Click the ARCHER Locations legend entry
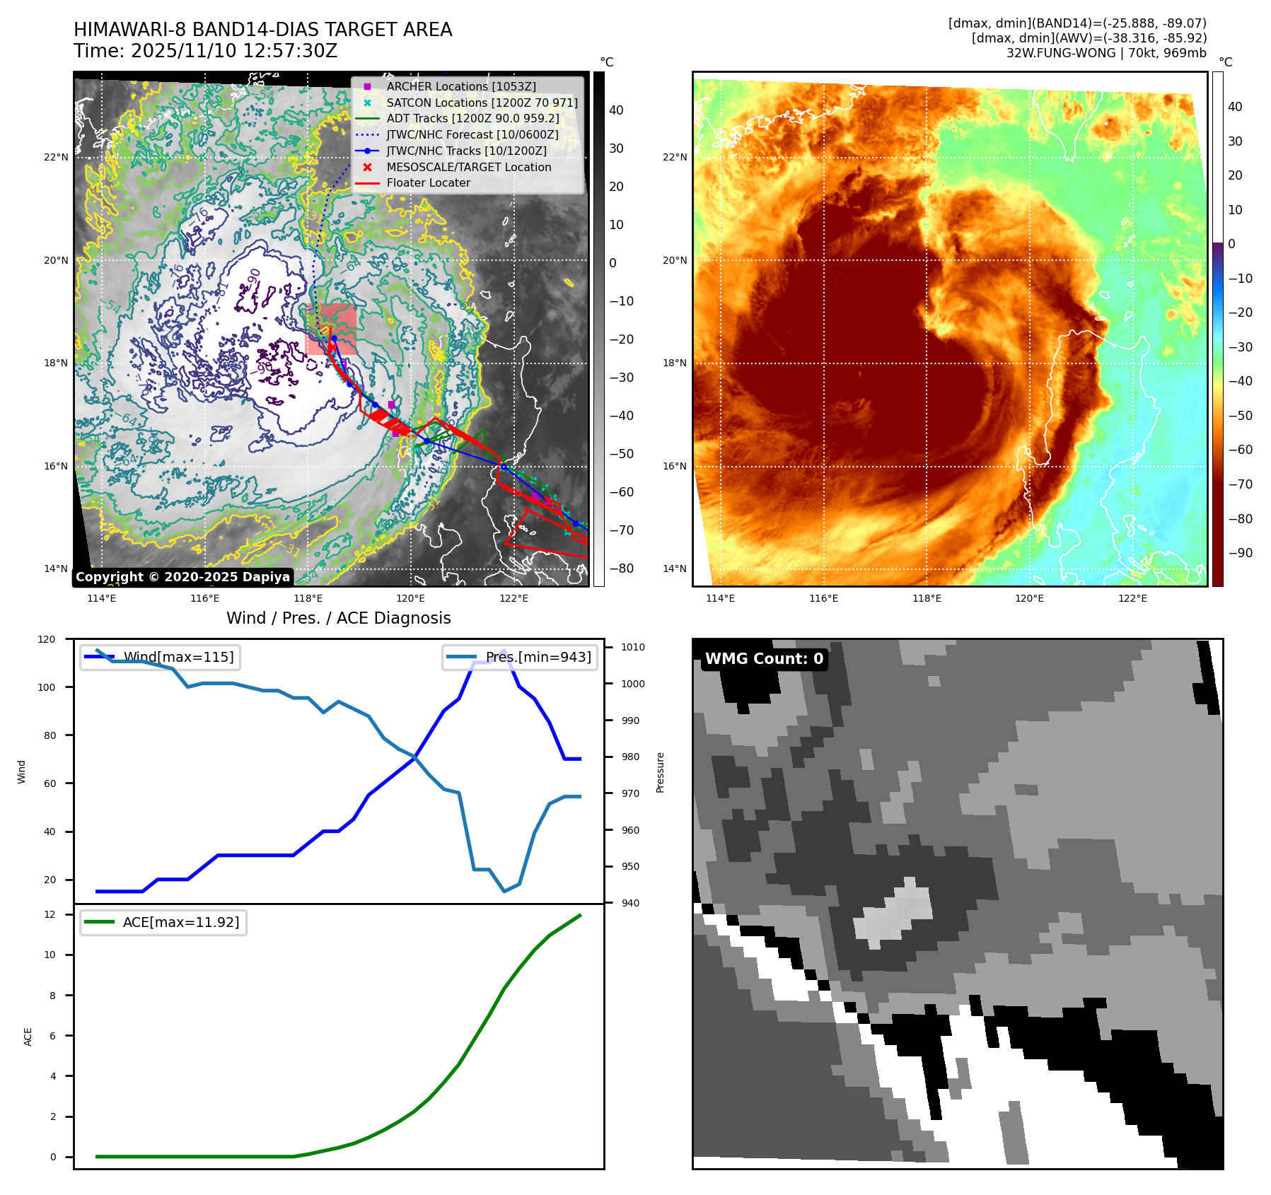pyautogui.click(x=460, y=86)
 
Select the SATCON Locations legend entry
pyautogui.click(x=482, y=103)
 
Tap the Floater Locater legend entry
pyautogui.click(x=428, y=182)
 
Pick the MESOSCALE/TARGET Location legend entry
pyautogui.click(x=468, y=167)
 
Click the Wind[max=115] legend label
pyautogui.click(x=178, y=657)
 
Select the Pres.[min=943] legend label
pyautogui.click(x=538, y=657)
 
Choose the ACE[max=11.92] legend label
pyautogui.click(x=181, y=922)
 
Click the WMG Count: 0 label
pyautogui.click(x=764, y=659)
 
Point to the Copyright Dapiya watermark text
pyautogui.click(x=182, y=577)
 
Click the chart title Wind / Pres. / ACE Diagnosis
pyautogui.click(x=338, y=618)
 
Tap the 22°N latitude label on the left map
pyautogui.click(x=56, y=157)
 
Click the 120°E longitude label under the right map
pyautogui.click(x=1029, y=598)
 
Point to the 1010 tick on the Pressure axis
pyautogui.click(x=632, y=647)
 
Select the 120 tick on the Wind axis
pyautogui.click(x=47, y=639)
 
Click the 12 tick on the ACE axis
pyautogui.click(x=50, y=914)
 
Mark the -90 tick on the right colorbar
pyautogui.click(x=1240, y=553)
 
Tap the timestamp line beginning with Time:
pyautogui.click(x=205, y=51)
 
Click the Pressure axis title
pyautogui.click(x=660, y=772)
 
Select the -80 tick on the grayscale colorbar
pyautogui.click(x=622, y=569)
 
